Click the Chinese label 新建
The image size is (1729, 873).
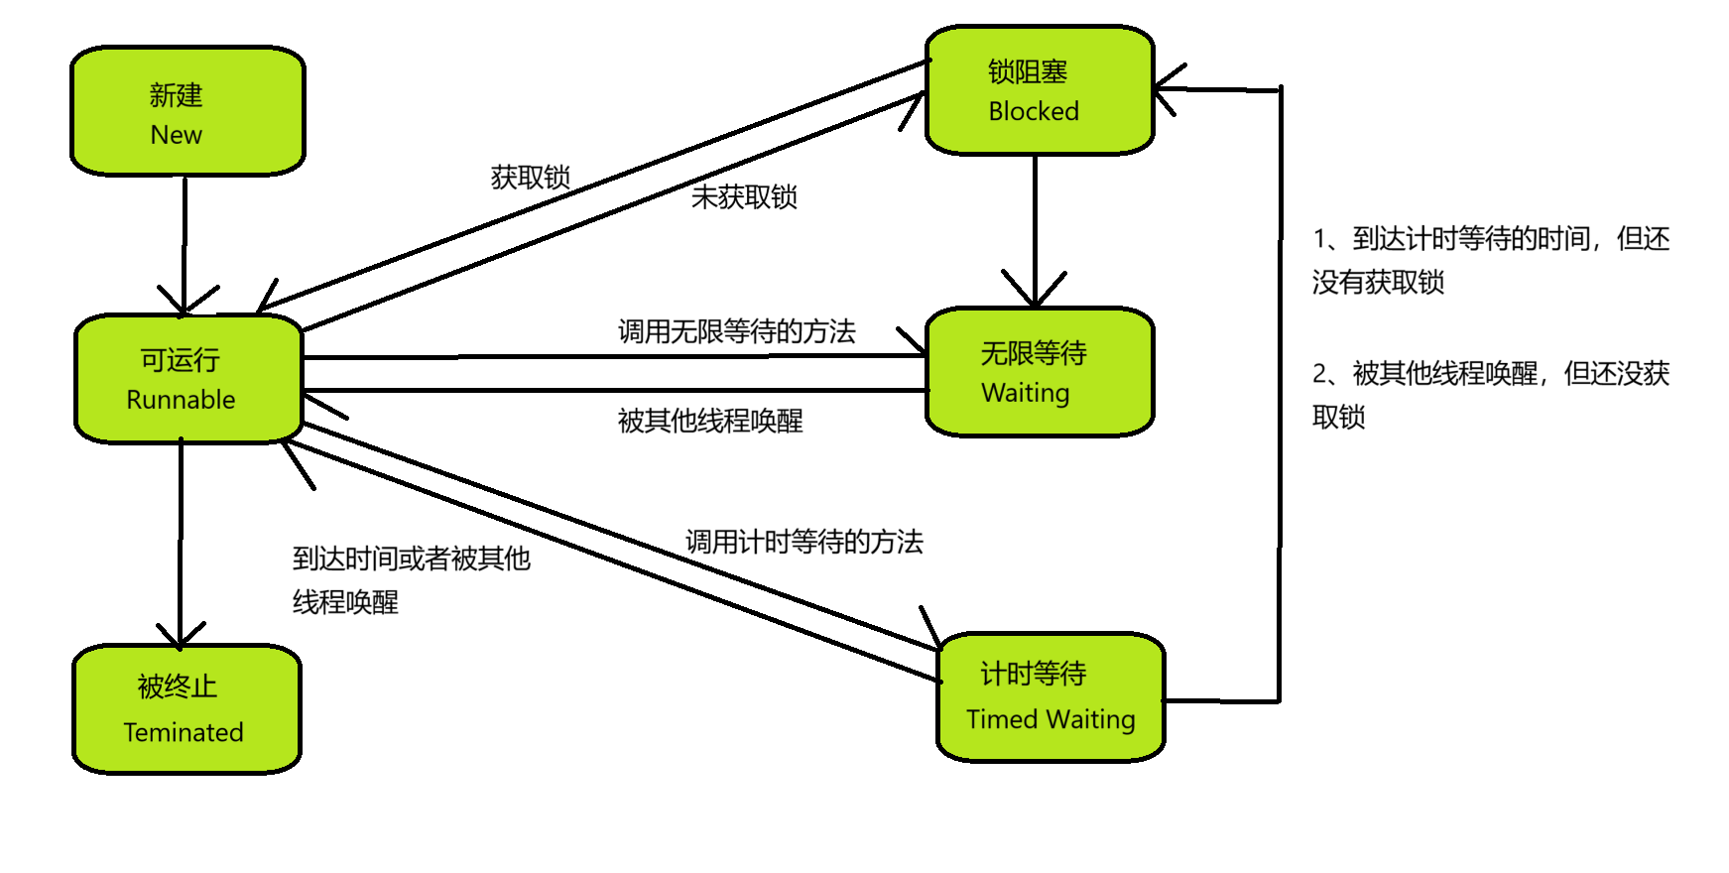point(176,95)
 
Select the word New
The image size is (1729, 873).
point(176,135)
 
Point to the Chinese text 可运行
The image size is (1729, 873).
point(180,360)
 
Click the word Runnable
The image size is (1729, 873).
point(181,400)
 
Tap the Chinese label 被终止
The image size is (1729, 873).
point(177,686)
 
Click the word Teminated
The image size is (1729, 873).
point(184,732)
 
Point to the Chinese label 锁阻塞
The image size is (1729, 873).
point(1028,72)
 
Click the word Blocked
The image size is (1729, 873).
point(1034,111)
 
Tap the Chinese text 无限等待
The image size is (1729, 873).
point(1034,353)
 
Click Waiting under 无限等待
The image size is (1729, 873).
point(1026,393)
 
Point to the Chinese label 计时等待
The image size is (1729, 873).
point(1034,675)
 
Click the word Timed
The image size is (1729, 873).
point(1002,719)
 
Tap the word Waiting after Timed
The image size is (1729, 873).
point(1092,719)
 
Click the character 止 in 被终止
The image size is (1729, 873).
point(204,686)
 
